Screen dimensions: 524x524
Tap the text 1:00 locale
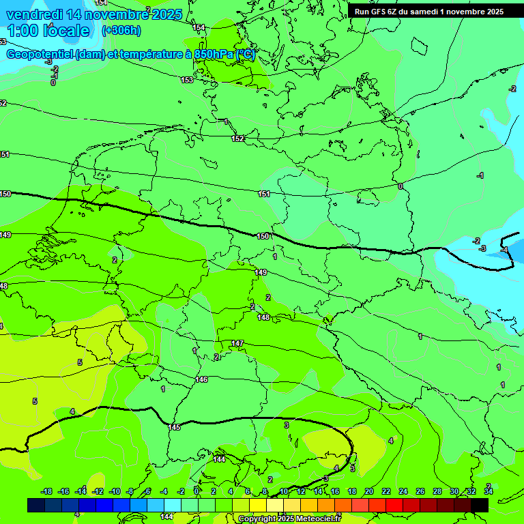pos(48,31)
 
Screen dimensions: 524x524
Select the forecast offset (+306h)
pos(121,31)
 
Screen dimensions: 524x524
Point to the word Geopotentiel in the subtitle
pos(40,55)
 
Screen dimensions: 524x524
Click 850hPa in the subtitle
pos(213,55)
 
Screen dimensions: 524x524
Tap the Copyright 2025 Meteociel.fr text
pos(290,519)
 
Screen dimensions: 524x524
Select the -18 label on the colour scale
pos(46,491)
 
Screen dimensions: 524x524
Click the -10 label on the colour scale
pos(114,491)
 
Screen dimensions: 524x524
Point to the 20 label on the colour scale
pos(369,491)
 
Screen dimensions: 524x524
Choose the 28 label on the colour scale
pos(437,491)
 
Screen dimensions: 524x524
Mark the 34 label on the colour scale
pos(489,491)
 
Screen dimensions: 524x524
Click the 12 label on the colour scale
pos(301,491)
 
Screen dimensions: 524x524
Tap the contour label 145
pos(174,427)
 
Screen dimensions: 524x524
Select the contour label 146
pos(201,379)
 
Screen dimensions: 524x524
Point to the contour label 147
pos(237,343)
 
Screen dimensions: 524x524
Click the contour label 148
pos(263,317)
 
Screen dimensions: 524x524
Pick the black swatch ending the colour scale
pos(480,505)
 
